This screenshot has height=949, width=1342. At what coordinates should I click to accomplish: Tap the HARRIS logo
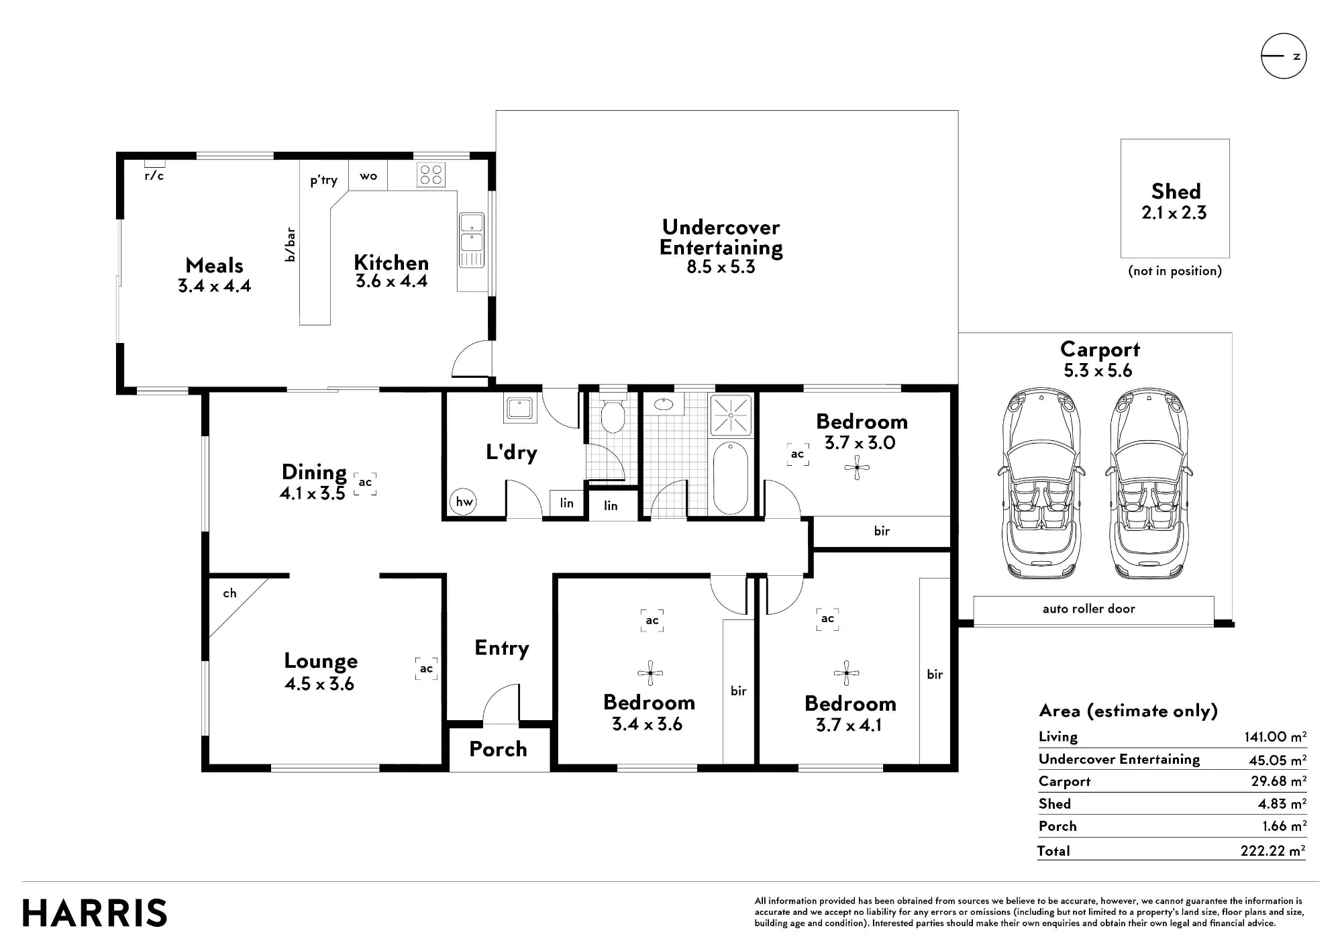point(95,913)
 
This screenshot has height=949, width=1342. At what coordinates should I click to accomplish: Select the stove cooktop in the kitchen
point(430,174)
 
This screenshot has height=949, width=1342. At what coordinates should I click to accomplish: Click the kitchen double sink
point(471,240)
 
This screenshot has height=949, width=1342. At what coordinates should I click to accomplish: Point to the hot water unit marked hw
point(464,501)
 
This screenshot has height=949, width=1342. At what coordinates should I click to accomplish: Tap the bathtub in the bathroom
point(730,477)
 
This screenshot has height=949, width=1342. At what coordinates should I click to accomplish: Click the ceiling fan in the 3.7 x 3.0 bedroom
point(857,468)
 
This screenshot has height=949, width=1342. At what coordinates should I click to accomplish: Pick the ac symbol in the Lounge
point(426,668)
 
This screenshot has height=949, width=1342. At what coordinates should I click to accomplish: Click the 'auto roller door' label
point(1088,609)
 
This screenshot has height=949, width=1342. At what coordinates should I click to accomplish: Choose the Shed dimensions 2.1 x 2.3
point(1174,213)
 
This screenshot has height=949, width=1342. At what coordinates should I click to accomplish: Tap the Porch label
point(498,749)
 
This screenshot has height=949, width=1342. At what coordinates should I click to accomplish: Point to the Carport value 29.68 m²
point(1275,781)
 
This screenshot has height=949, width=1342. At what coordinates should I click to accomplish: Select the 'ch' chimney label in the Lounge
point(229,593)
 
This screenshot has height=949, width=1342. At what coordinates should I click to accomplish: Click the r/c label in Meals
point(154,176)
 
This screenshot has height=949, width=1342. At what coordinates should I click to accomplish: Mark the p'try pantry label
point(323,180)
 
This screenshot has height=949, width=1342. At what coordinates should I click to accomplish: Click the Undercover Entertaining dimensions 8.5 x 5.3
point(721,267)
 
